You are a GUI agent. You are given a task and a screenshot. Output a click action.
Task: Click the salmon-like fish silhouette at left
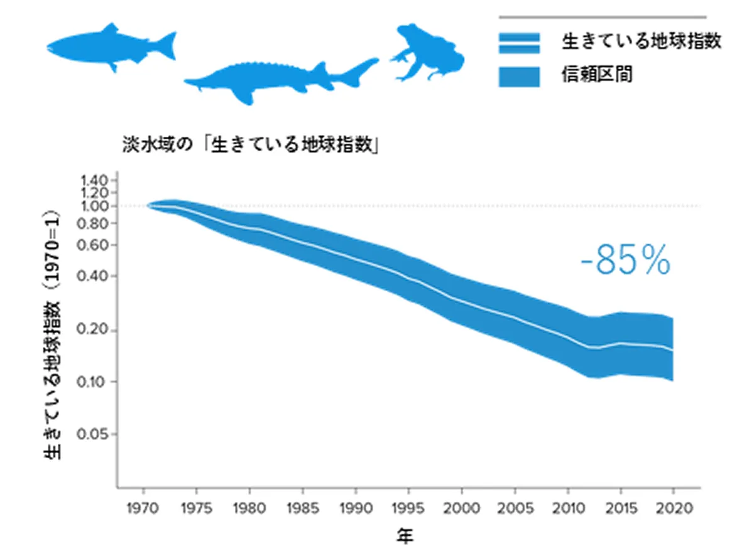click(110, 47)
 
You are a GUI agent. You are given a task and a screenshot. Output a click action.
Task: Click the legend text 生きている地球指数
click(640, 42)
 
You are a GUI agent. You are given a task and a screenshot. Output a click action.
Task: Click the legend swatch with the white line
click(519, 43)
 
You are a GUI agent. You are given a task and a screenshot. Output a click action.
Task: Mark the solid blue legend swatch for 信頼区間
click(519, 76)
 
